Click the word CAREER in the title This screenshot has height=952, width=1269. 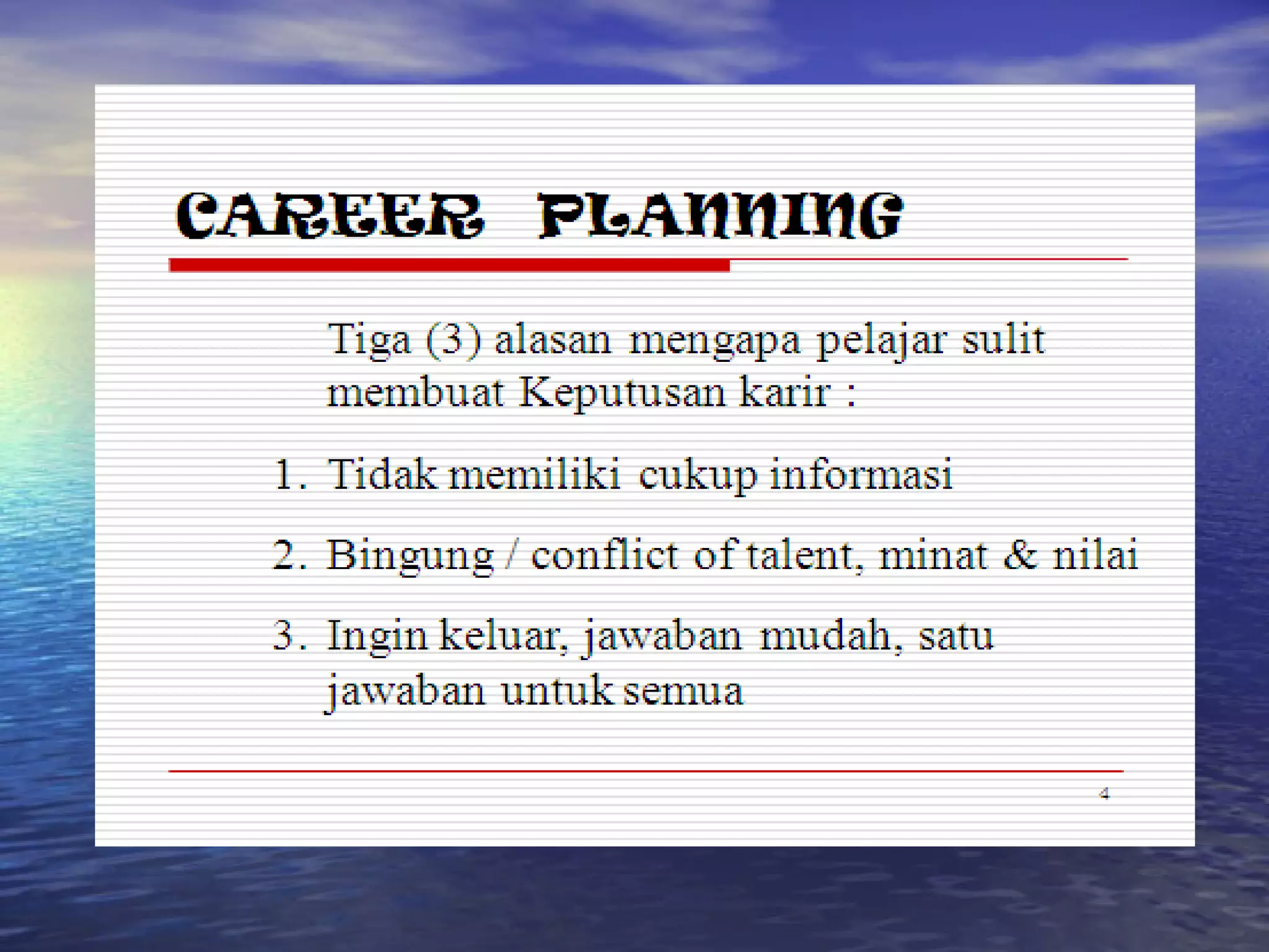[329, 216]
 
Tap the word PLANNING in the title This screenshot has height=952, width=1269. [720, 216]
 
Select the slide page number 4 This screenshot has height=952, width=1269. [1104, 794]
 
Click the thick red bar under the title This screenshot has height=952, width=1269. [449, 265]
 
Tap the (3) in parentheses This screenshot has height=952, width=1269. [453, 340]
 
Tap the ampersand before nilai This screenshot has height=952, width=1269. [1020, 555]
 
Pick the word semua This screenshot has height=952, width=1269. [683, 690]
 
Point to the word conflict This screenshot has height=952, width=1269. [605, 555]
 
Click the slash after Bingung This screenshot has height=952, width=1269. [511, 555]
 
